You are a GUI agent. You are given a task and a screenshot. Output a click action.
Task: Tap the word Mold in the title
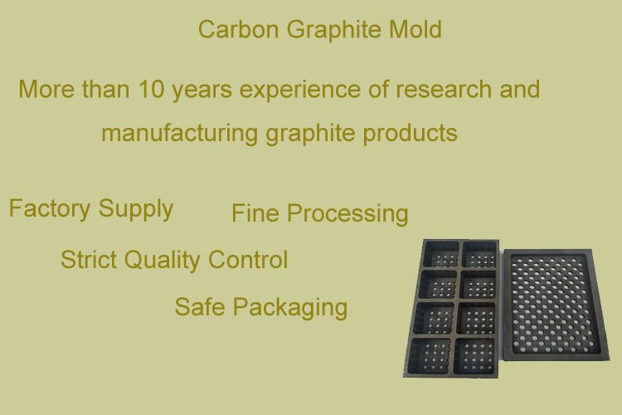415,30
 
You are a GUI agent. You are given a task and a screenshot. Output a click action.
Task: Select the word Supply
135,209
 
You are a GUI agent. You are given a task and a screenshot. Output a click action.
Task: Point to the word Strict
89,260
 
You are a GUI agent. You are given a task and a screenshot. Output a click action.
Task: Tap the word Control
248,260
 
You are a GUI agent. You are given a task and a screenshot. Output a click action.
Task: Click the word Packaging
289,308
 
